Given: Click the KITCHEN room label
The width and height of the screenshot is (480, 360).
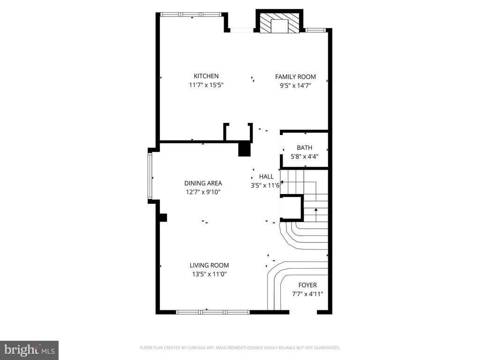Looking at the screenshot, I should pos(206,76).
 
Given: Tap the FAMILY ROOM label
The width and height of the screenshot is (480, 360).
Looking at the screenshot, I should pos(295,77).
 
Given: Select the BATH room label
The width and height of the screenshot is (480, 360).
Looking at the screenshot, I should pos(304,148).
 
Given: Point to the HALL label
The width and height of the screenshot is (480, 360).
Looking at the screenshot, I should pos(266,177).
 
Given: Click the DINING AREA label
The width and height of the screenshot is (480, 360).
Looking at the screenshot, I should pos(203,183).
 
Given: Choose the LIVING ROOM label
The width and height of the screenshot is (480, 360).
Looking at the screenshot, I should pos(209,265).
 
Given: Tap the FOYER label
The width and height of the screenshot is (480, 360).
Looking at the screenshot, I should pos(307,285).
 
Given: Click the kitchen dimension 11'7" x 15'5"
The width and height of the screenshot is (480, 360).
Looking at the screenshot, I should pos(206,85).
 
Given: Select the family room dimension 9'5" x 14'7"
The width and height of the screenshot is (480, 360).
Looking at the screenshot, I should pos(295,85).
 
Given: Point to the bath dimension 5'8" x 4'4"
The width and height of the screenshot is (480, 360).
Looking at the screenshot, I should pos(304,157).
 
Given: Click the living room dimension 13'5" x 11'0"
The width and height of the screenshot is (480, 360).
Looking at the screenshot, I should pos(209,274).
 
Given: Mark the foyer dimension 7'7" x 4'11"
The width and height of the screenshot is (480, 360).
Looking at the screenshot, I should pos(307,294).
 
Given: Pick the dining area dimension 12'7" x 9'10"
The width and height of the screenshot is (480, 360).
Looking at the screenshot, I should pos(203,192).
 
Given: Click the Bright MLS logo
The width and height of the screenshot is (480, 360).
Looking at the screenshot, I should pos(29,350).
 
